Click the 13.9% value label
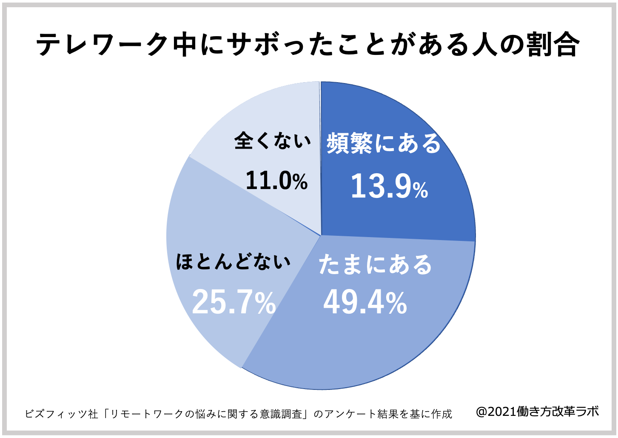coord(389,187)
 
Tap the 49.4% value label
coord(365,303)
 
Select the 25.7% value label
coord(234,303)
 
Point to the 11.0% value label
coord(276,180)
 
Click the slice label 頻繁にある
coord(384,143)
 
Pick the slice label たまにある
coord(375,265)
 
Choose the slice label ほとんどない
coord(233,261)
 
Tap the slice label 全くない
coord(273,140)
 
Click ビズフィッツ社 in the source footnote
coord(61,414)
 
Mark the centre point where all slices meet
coord(321,235)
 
